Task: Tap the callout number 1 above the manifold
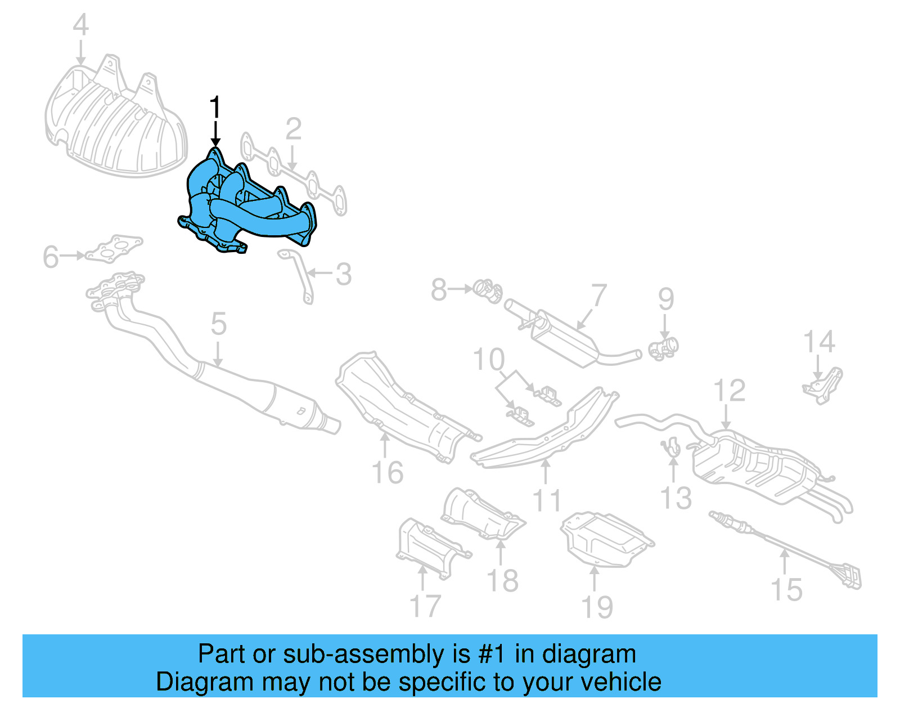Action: tap(215, 108)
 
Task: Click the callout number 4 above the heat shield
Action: tap(81, 25)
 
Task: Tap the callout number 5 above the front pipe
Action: tap(218, 324)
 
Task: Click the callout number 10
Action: tap(488, 360)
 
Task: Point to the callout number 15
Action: tap(786, 590)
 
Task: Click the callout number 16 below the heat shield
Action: tap(387, 472)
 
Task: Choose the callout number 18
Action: tap(502, 580)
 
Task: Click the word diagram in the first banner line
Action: tap(588, 655)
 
